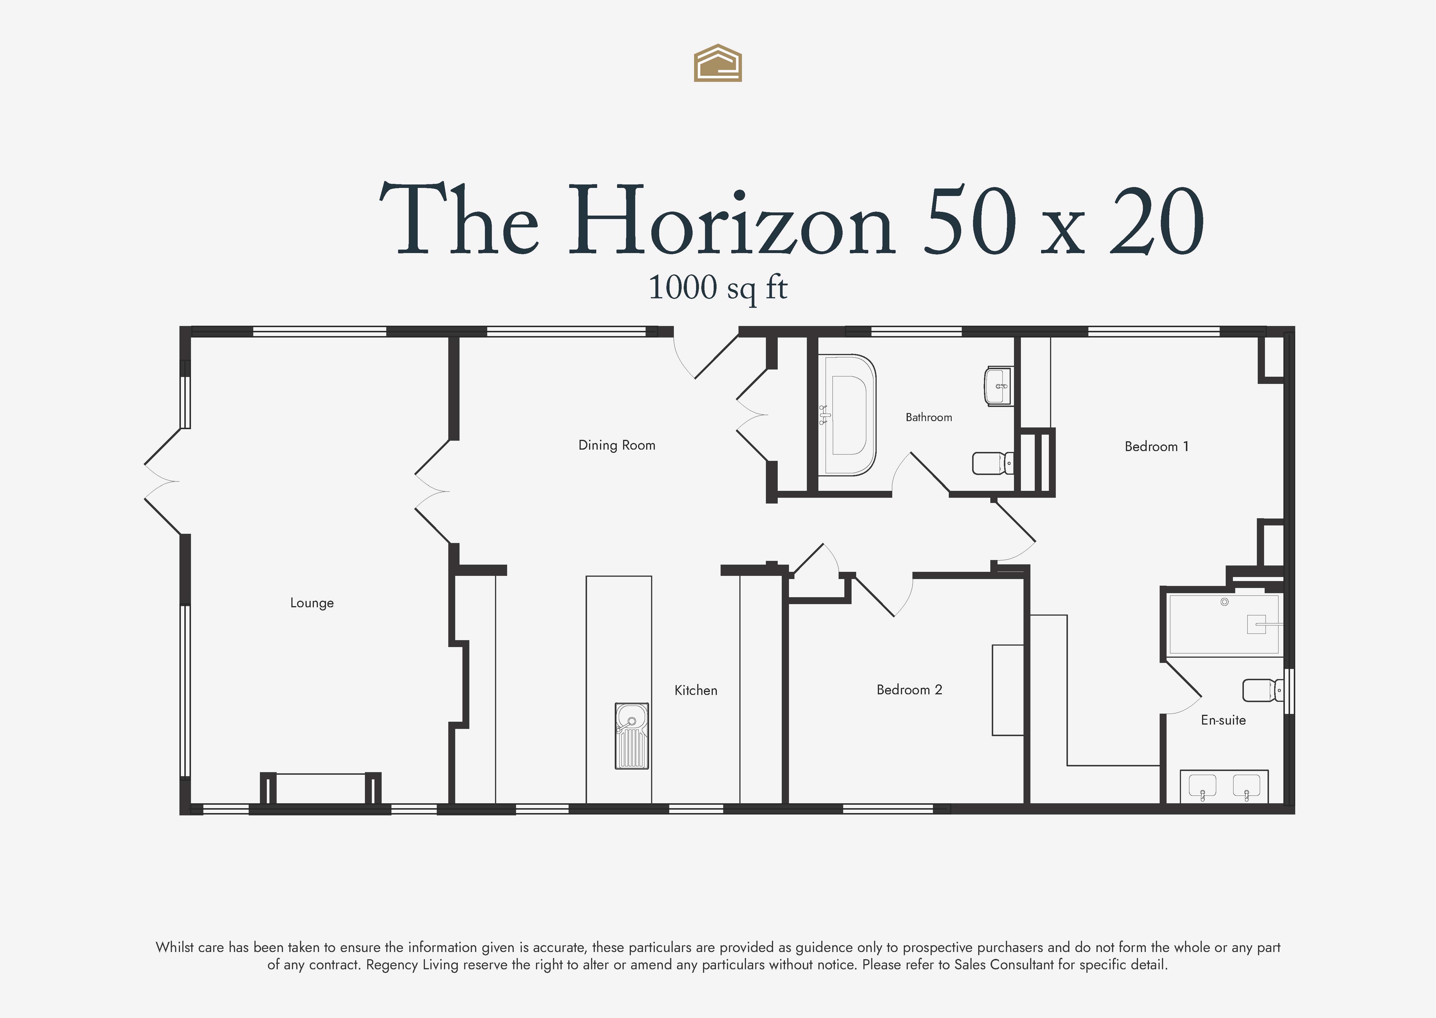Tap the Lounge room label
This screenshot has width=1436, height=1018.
click(x=312, y=603)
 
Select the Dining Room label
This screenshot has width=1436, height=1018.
click(x=617, y=445)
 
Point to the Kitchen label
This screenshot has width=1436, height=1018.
click(x=696, y=690)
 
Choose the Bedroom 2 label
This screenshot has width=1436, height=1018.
click(x=909, y=689)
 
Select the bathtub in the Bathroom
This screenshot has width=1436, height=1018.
click(x=847, y=415)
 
